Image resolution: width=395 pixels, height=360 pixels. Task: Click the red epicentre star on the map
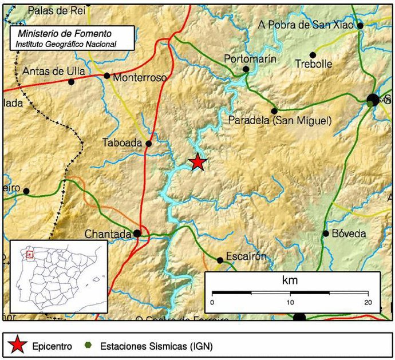click(197, 163)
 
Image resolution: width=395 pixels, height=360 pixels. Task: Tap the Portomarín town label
click(250, 58)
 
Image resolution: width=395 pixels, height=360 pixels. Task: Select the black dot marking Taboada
click(149, 144)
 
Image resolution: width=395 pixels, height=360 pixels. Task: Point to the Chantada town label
click(108, 234)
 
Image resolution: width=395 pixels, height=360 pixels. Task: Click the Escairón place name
click(246, 256)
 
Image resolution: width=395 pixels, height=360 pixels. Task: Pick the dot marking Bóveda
click(326, 233)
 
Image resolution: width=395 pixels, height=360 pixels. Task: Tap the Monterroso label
click(140, 77)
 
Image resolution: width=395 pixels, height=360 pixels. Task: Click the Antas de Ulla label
click(54, 71)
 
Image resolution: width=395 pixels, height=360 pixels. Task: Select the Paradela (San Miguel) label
click(280, 120)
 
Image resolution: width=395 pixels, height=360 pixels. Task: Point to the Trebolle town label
click(313, 64)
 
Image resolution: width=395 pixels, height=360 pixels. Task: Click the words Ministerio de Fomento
click(65, 34)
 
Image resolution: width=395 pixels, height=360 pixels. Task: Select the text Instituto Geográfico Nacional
click(66, 43)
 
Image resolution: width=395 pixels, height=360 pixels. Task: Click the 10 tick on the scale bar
click(290, 302)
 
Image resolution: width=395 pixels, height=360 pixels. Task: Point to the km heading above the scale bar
click(290, 280)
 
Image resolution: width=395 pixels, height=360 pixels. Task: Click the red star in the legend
click(18, 345)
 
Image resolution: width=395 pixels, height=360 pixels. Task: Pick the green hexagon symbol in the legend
click(88, 345)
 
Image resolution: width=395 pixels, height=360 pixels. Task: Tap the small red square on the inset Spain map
click(30, 254)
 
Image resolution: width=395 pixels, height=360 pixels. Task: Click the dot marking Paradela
click(274, 111)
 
